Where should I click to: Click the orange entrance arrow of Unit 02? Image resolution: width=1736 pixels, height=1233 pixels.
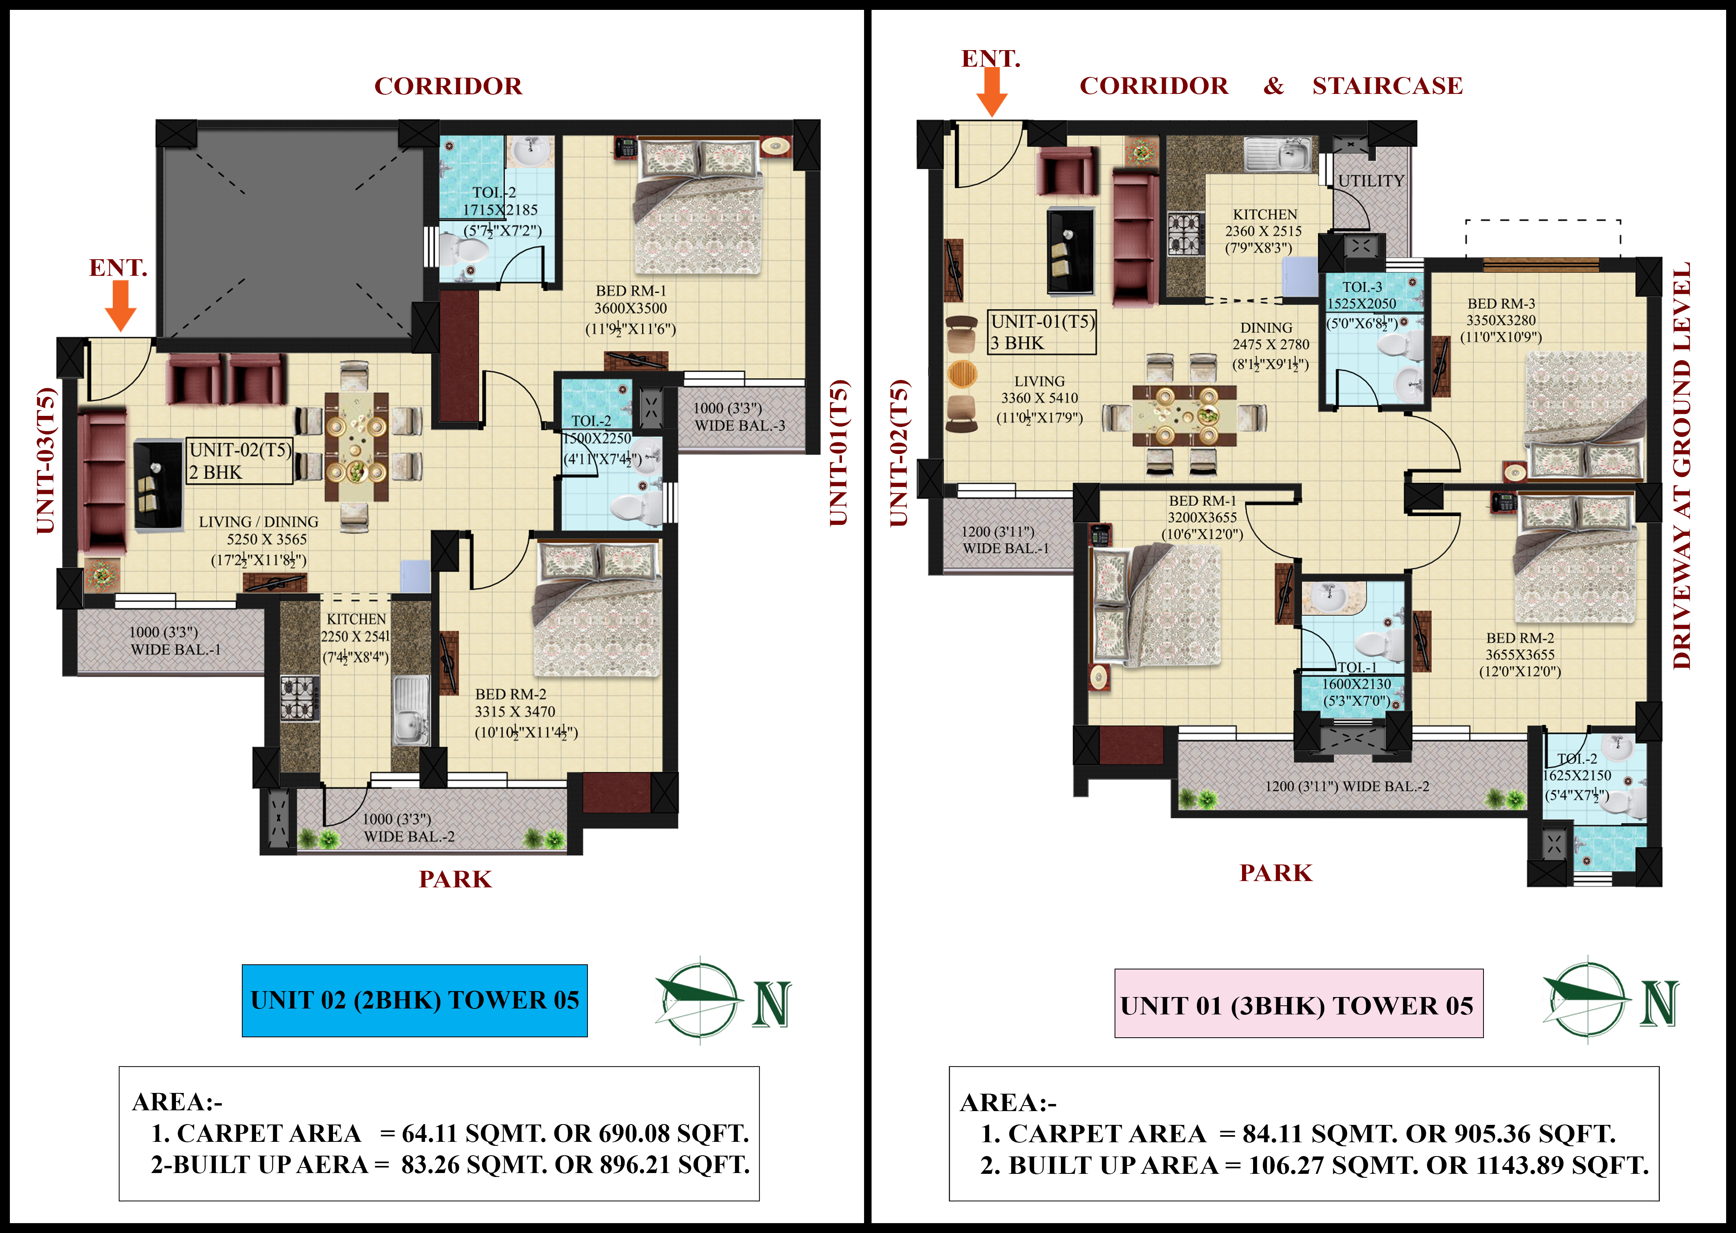pos(120,305)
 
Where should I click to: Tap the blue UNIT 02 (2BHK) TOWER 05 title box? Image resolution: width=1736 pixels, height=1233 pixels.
pos(414,1001)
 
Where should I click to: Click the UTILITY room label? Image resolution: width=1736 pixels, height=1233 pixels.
pos(1371,181)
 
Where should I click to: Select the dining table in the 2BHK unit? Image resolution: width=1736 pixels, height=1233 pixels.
pos(357,447)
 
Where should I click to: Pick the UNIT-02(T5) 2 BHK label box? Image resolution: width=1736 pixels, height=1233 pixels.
pos(240,461)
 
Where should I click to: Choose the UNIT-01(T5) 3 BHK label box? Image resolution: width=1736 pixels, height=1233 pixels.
pos(1042,332)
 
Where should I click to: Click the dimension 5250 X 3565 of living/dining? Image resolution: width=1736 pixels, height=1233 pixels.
pos(267,539)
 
